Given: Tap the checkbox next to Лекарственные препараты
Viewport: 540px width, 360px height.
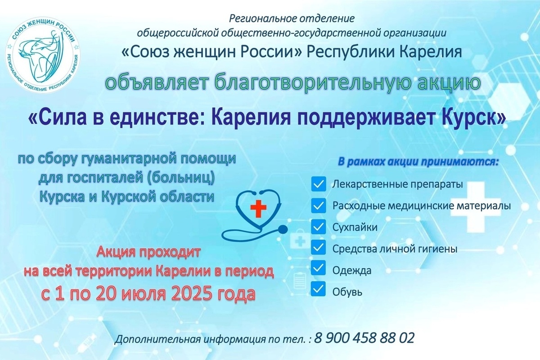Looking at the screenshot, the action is [319, 184].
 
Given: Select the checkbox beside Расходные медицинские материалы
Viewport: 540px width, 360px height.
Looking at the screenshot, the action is [319, 206].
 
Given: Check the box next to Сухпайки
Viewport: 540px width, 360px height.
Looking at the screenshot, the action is [319, 226].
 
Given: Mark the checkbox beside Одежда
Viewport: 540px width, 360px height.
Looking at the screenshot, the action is [319, 268].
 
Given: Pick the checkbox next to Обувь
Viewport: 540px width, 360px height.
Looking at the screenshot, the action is [319, 288].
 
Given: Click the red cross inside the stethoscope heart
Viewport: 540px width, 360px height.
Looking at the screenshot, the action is [258, 207].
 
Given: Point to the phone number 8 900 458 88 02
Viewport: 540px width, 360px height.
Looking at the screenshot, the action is [364, 338].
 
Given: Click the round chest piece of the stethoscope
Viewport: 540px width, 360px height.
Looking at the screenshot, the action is [283, 229].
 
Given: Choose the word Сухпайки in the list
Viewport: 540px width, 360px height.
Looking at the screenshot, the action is [355, 227].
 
